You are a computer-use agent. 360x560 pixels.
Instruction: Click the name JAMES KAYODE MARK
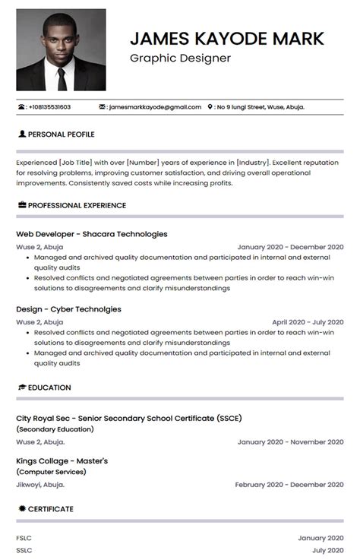(x=227, y=38)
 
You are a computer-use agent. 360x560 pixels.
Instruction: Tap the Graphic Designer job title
(x=180, y=58)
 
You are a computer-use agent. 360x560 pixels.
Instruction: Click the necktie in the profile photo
(x=62, y=75)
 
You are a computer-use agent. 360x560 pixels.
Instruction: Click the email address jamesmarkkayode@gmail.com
(x=155, y=107)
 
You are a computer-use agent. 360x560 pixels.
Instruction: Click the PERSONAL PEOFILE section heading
(x=61, y=134)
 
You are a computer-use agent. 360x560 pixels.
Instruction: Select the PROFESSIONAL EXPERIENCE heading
(x=77, y=205)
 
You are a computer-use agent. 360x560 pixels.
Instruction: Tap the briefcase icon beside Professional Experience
(x=21, y=205)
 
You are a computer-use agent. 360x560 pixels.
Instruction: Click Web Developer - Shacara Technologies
(x=92, y=234)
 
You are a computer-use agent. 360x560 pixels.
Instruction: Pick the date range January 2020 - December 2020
(x=290, y=247)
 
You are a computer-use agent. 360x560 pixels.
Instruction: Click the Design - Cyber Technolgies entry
(x=68, y=309)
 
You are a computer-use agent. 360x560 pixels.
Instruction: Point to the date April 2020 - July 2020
(x=308, y=322)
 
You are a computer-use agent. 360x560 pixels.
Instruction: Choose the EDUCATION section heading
(x=49, y=388)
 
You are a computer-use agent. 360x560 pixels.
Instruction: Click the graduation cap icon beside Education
(x=21, y=388)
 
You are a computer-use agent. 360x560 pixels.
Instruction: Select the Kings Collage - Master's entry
(x=62, y=460)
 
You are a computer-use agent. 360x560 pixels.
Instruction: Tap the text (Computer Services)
(x=49, y=473)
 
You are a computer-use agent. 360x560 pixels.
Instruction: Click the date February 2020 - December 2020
(x=289, y=484)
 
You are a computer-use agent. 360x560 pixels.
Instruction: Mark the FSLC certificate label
(x=24, y=538)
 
